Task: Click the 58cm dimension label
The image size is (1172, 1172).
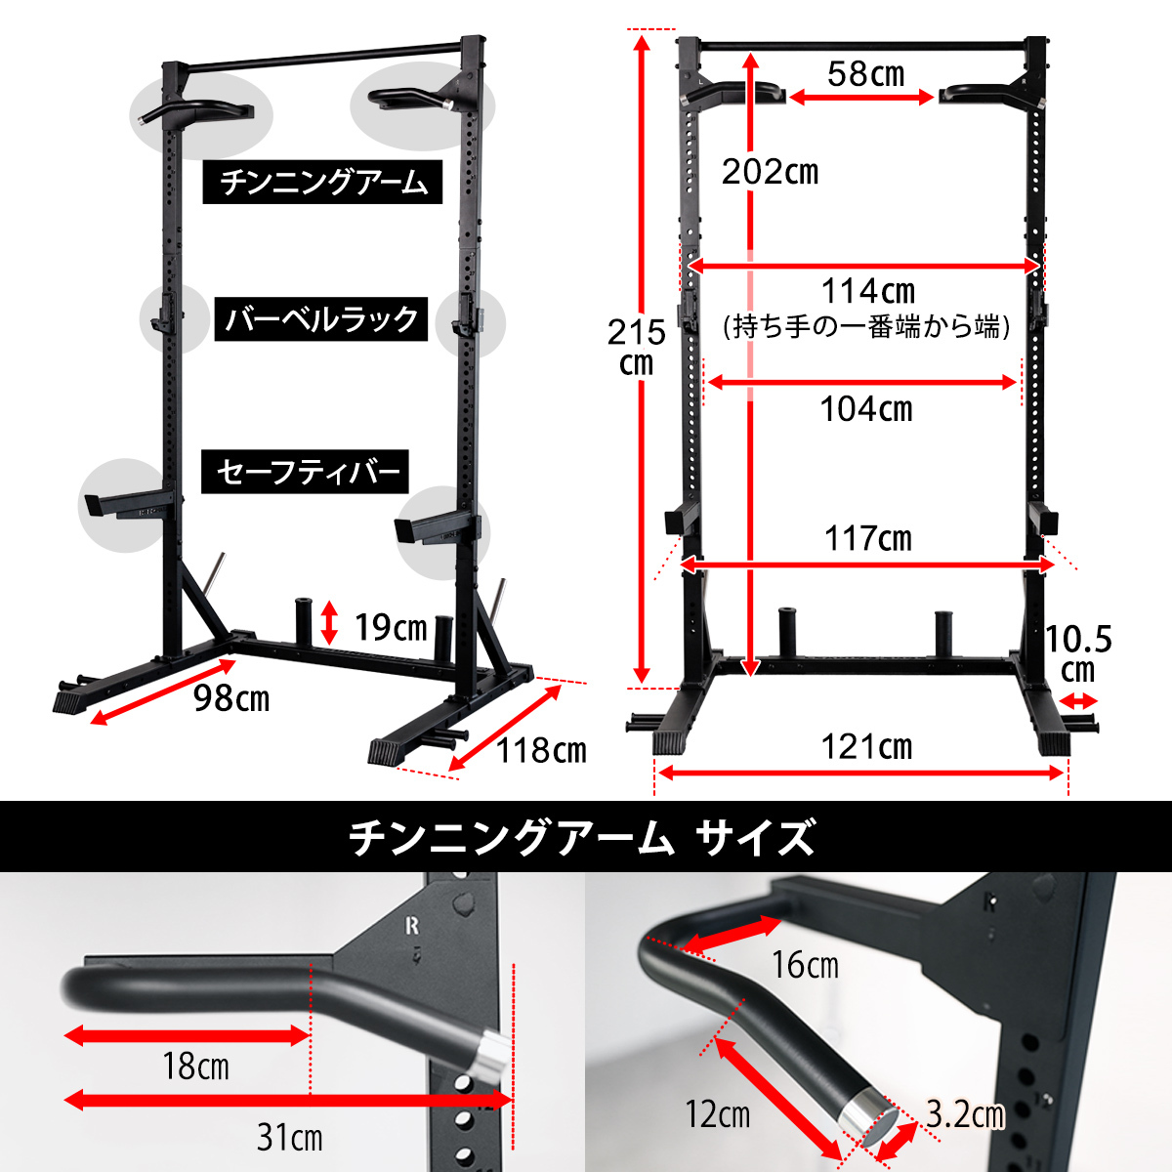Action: pyautogui.click(x=865, y=74)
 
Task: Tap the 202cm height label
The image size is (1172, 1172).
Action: pyautogui.click(x=770, y=172)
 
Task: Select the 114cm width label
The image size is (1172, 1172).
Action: pyautogui.click(x=868, y=291)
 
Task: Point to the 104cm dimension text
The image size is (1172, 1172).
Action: pyautogui.click(x=866, y=408)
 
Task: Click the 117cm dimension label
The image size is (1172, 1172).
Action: pyautogui.click(x=868, y=538)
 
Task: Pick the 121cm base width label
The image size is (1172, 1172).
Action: pyautogui.click(x=866, y=746)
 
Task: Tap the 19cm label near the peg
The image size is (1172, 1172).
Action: pyautogui.click(x=391, y=627)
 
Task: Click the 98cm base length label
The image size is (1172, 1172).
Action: pyautogui.click(x=231, y=698)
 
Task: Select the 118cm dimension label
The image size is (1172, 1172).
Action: pyautogui.click(x=541, y=750)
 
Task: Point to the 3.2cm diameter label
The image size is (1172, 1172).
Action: pyautogui.click(x=965, y=1114)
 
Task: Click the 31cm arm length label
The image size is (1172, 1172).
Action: pyautogui.click(x=289, y=1137)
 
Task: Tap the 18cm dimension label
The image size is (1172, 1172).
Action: pyautogui.click(x=195, y=1067)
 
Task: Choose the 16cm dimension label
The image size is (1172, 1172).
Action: pyautogui.click(x=805, y=965)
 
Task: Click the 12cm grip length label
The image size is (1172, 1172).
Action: pyautogui.click(x=718, y=1114)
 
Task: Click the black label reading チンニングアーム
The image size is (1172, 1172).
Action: pyautogui.click(x=322, y=182)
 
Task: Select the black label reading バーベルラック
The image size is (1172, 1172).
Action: pyautogui.click(x=321, y=318)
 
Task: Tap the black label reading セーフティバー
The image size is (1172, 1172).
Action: pyautogui.click(x=306, y=472)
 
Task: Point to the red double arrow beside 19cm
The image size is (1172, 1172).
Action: pyautogui.click(x=329, y=622)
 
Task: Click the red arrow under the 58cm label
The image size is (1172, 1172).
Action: pyautogui.click(x=861, y=97)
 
